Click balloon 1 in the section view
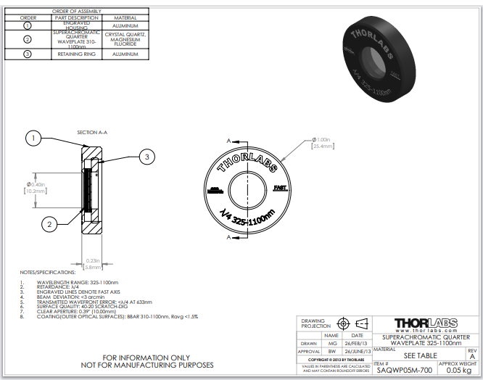tap(34, 136)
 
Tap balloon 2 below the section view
tap(49, 225)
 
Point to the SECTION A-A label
tap(92, 133)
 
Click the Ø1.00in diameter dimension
tap(322, 139)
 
